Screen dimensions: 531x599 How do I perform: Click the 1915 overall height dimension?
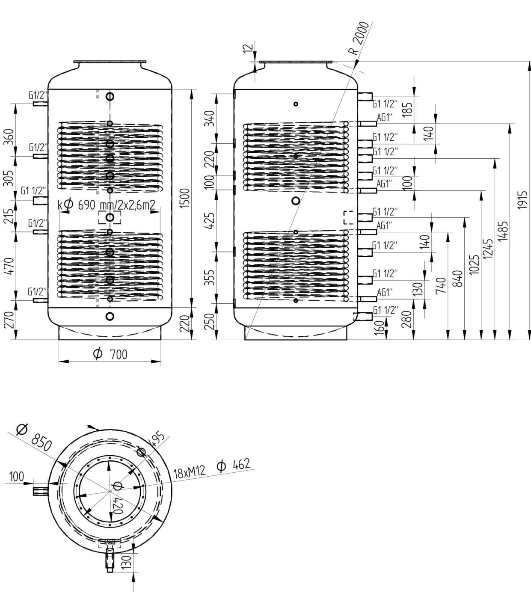[523, 200]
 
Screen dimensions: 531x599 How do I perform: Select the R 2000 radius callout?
[359, 38]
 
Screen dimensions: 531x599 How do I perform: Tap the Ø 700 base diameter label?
[110, 354]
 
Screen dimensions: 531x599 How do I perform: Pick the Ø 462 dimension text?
[234, 465]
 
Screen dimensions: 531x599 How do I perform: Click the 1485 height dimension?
[503, 231]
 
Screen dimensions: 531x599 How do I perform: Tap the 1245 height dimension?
[488, 249]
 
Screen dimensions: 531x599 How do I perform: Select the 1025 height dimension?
[474, 264]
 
